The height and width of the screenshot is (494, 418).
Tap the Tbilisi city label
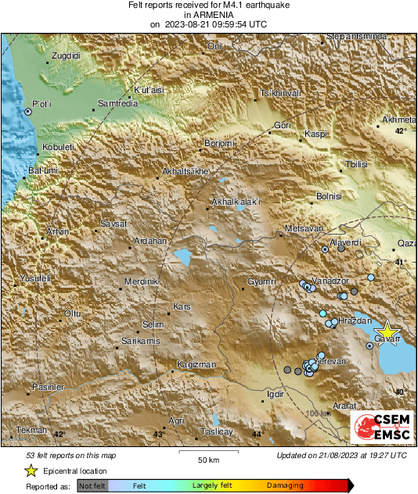click(x=356, y=164)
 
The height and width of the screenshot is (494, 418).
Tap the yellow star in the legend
click(x=31, y=471)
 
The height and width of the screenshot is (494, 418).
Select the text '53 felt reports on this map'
click(x=71, y=456)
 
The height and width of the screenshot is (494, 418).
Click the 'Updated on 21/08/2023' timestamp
click(x=341, y=456)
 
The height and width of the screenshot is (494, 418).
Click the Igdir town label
click(x=275, y=394)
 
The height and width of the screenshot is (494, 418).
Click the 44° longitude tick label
click(x=258, y=434)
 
